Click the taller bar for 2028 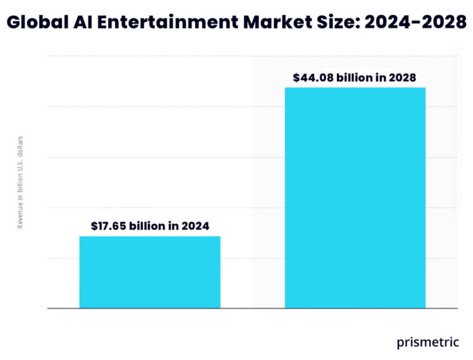coord(355,197)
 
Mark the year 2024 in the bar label coord(196,226)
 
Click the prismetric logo coord(428,342)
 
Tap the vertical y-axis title coord(20,182)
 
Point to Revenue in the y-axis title coord(20,216)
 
